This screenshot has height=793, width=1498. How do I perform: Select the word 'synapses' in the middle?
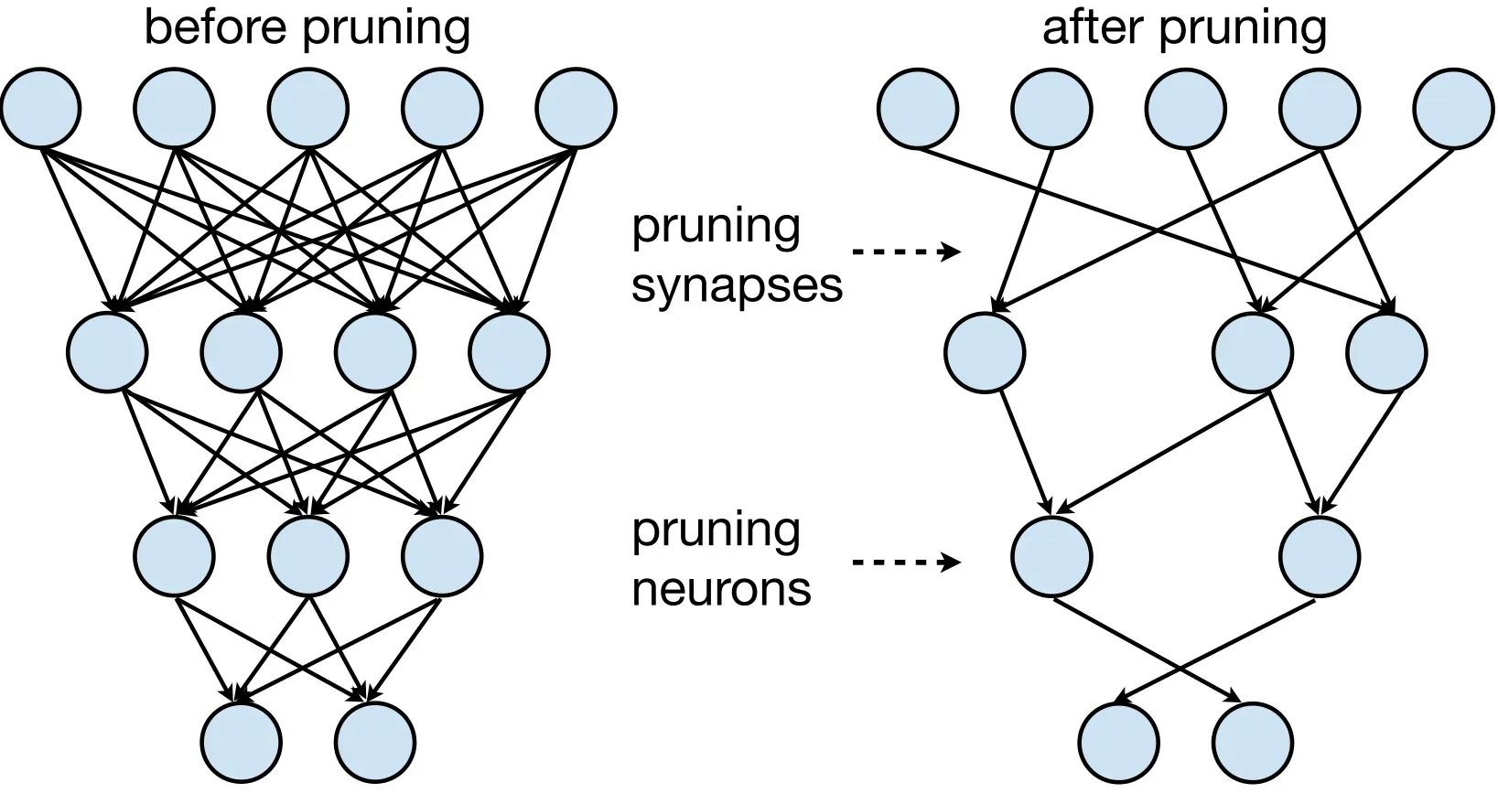[x=737, y=286]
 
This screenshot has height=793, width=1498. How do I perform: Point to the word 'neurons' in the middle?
[x=722, y=589]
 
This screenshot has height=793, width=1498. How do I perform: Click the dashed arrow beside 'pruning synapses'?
[x=906, y=252]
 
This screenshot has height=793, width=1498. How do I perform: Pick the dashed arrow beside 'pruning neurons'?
[x=906, y=562]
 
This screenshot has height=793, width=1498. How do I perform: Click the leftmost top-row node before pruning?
[x=41, y=108]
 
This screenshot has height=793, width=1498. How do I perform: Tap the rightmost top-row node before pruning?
[x=576, y=108]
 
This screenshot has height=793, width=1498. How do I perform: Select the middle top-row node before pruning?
[x=308, y=108]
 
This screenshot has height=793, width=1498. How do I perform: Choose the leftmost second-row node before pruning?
[x=107, y=352]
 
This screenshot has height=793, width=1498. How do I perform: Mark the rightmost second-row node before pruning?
[x=509, y=352]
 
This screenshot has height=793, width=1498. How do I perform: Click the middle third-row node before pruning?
[x=308, y=556]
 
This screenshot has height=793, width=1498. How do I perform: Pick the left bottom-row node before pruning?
[x=242, y=742]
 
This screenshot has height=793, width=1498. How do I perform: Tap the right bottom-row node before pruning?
[x=375, y=742]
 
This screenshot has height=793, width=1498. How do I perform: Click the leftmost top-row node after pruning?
[x=918, y=108]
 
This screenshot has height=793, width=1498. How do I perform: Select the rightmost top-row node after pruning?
[x=1454, y=108]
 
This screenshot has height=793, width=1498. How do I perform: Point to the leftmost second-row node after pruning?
[x=985, y=352]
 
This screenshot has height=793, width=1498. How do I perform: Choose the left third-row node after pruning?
[x=1052, y=556]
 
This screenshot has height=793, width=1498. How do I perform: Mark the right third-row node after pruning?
[x=1320, y=556]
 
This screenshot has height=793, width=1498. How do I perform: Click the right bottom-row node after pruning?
[x=1253, y=742]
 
